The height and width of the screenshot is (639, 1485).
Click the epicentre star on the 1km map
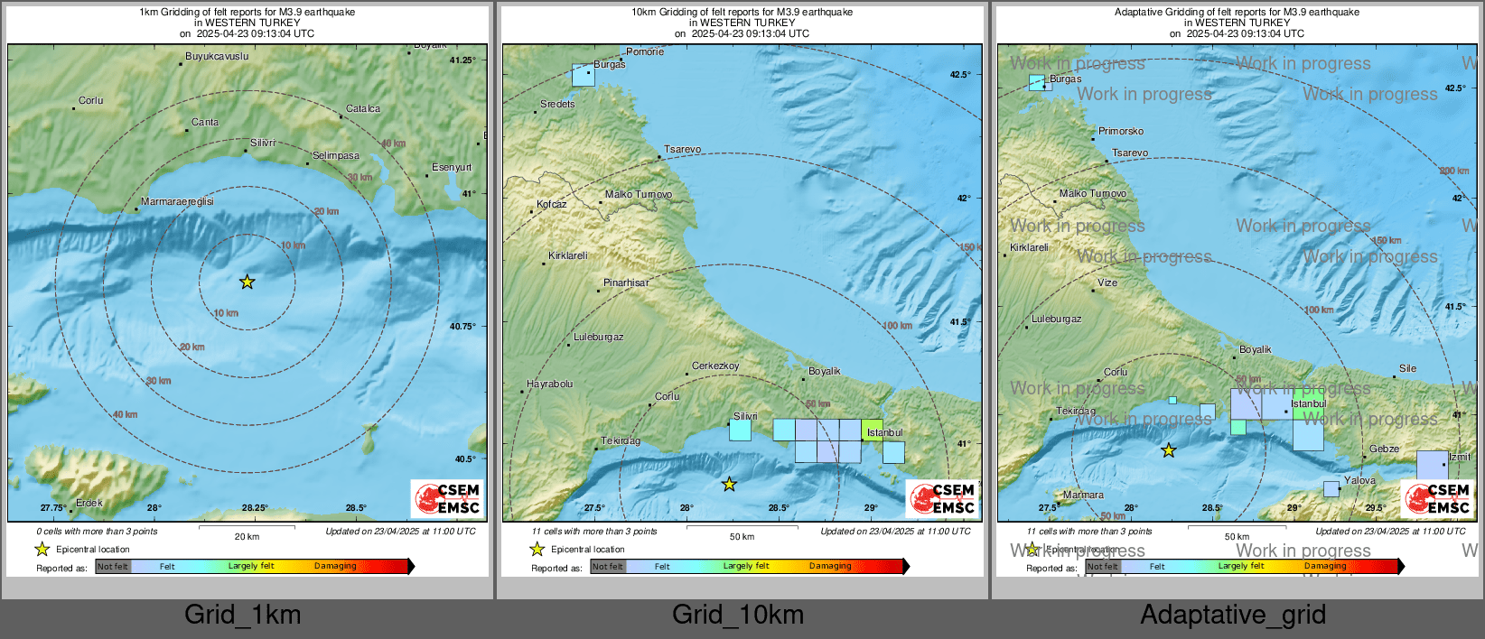tap(247, 282)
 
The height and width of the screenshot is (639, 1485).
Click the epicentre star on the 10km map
tap(729, 485)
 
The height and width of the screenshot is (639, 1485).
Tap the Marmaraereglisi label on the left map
tap(178, 201)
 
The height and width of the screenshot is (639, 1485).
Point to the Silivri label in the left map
tap(263, 143)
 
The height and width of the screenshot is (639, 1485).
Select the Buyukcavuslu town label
tap(217, 56)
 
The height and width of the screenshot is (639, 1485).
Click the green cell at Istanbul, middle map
tap(872, 429)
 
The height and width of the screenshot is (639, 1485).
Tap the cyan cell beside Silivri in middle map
tap(740, 430)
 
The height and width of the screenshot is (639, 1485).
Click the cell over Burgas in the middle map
tap(584, 75)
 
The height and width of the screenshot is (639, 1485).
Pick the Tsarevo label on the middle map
tap(682, 149)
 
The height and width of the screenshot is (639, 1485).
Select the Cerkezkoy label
tap(715, 366)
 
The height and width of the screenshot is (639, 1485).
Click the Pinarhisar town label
tap(626, 282)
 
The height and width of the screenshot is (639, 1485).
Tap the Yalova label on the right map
tap(1359, 480)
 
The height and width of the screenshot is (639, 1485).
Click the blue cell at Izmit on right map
tap(1432, 464)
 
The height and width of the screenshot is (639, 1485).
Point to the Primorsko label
tap(1121, 131)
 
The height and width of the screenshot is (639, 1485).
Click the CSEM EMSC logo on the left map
tap(447, 498)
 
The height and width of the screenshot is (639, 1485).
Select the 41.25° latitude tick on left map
tap(462, 60)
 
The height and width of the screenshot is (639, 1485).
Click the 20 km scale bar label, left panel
tap(247, 536)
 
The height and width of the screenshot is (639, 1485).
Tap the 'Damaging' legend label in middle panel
tap(830, 566)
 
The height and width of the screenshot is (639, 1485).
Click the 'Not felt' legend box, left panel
tap(113, 567)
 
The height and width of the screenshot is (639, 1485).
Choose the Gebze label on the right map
tap(1384, 449)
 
